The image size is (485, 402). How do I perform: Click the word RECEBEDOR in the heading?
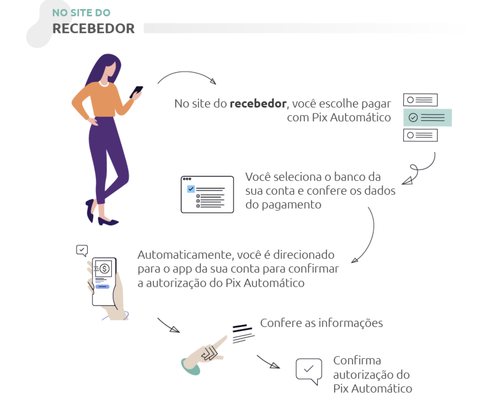point(93,28)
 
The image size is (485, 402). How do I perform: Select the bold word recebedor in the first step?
point(258,104)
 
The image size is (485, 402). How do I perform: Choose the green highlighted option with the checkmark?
point(427,118)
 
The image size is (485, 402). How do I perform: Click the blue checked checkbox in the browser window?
point(191,189)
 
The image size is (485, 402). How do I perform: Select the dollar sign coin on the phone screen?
point(104,269)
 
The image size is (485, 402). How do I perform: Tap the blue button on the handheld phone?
point(102,287)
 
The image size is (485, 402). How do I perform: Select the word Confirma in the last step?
point(357,361)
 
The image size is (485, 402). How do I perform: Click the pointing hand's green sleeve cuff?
point(189,367)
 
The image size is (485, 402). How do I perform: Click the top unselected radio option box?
point(420,100)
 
